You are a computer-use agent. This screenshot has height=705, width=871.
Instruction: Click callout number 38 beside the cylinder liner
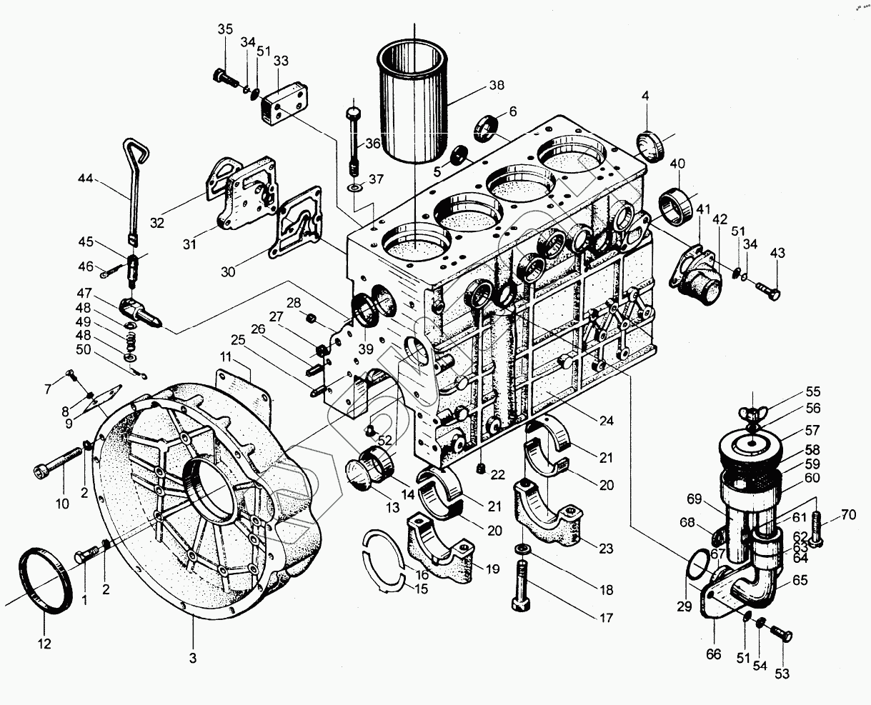(x=496, y=85)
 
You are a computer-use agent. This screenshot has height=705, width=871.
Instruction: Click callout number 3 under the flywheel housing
(x=193, y=656)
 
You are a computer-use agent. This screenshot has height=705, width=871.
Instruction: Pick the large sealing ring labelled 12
(x=44, y=579)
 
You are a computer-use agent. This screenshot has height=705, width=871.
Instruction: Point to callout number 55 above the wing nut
(x=812, y=391)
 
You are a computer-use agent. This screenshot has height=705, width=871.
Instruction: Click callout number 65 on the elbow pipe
(x=800, y=581)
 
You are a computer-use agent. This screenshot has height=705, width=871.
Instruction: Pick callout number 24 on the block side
(x=606, y=421)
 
